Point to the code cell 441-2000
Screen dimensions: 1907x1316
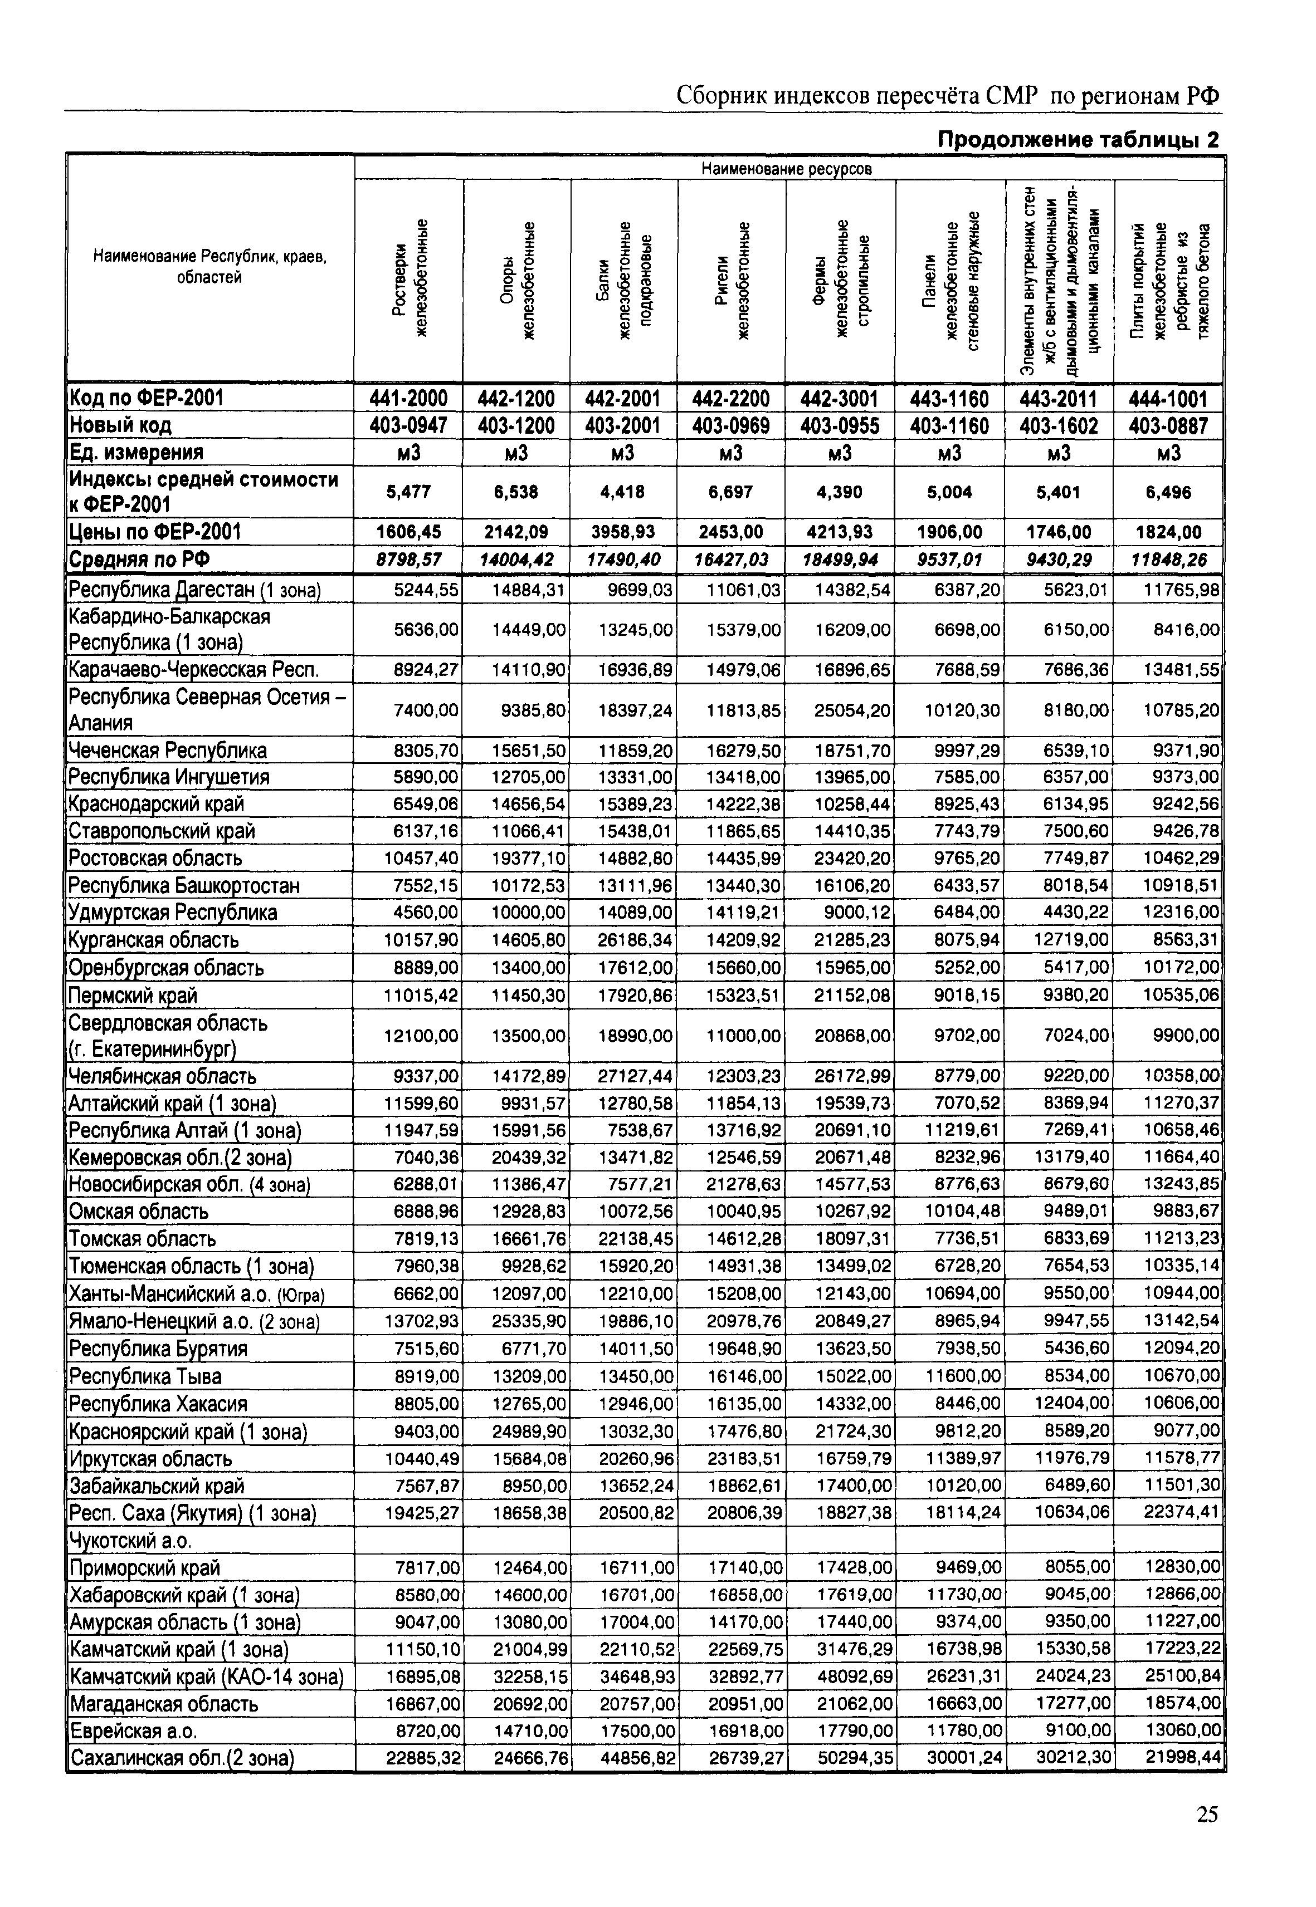tap(408, 399)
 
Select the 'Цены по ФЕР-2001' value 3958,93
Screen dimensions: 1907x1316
tap(623, 532)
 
